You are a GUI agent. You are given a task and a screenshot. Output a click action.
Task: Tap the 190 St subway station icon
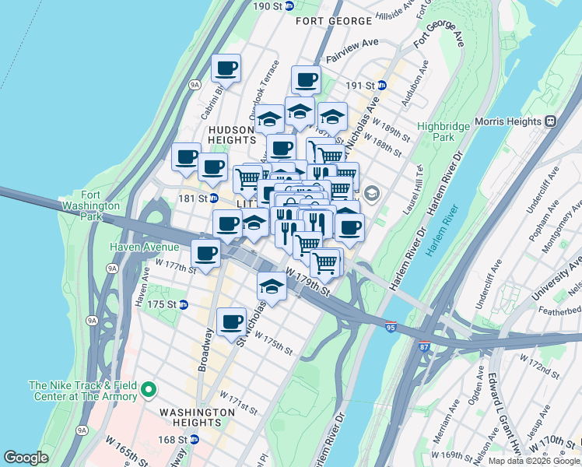point(289,6)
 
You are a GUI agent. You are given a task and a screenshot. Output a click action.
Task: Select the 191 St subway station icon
point(382,85)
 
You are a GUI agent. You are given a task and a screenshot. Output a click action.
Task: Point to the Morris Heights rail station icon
point(550,121)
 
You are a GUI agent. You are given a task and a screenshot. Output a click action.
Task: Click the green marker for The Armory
point(148,390)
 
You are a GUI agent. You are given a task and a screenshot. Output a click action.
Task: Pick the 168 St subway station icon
point(194,439)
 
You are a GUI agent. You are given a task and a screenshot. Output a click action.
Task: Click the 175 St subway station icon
point(184,304)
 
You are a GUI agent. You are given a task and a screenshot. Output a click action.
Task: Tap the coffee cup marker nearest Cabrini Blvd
point(226,68)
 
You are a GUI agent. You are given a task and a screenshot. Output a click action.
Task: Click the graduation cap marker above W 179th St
point(272,286)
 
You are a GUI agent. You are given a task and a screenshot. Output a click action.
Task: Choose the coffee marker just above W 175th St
point(231,321)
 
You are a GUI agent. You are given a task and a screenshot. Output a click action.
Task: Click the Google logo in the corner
point(26,458)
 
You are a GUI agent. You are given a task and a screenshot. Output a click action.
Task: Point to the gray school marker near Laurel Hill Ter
point(371,193)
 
